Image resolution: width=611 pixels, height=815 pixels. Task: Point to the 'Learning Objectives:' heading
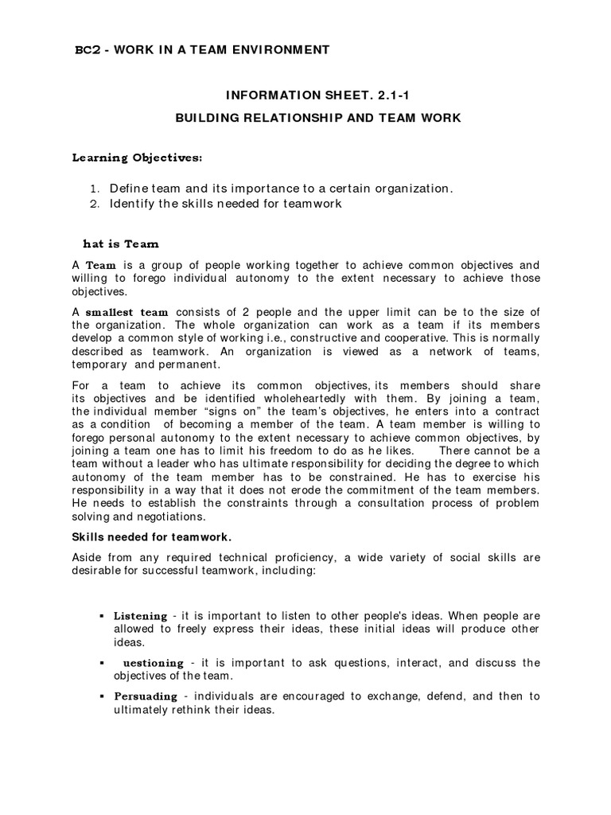point(137,158)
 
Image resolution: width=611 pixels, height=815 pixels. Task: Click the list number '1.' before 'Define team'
point(93,189)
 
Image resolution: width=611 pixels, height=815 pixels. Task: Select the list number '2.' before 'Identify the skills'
point(93,204)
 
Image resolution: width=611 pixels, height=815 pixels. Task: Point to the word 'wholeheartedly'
point(284,398)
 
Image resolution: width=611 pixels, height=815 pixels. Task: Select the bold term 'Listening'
point(140,615)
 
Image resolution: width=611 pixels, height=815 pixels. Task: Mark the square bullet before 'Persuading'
point(103,696)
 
